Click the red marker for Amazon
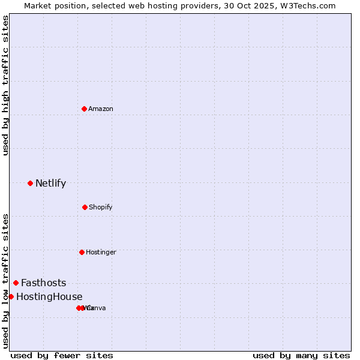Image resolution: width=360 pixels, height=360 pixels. [x=84, y=109]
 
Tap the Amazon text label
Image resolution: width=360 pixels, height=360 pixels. [x=101, y=109]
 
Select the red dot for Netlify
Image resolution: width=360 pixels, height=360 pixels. [x=30, y=183]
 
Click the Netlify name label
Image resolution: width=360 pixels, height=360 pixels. [x=50, y=184]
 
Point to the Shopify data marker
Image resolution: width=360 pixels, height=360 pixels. [x=85, y=207]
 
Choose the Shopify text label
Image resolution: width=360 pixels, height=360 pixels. [x=101, y=207]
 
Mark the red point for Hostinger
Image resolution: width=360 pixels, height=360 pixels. [x=82, y=252]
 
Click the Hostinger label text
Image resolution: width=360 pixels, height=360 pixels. [x=101, y=252]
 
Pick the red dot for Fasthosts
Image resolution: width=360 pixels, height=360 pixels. [x=16, y=283]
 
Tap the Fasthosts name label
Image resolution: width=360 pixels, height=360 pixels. [x=44, y=283]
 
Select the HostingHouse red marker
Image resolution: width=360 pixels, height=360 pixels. [x=11, y=296]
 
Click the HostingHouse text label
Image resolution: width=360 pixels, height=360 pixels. [x=49, y=297]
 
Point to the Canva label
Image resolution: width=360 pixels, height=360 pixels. [x=96, y=308]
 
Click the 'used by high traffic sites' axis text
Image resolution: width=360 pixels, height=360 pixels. [x=5, y=85]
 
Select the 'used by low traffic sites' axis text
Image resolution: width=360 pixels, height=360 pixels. [x=5, y=280]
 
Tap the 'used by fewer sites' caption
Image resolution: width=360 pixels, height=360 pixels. [x=62, y=355]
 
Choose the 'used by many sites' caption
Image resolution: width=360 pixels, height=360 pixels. [x=301, y=355]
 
